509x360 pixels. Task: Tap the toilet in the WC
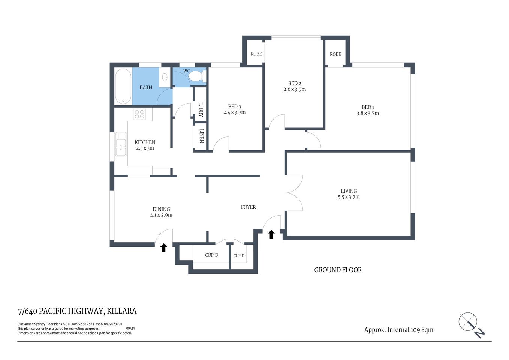coord(196,76)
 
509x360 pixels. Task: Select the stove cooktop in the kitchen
coord(140,114)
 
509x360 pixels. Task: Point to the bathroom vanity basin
coord(165,78)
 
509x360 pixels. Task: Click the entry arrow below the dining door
coord(163,247)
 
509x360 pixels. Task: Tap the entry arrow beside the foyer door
coord(271,234)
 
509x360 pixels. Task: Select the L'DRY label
coord(201,109)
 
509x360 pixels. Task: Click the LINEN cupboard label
coord(201,136)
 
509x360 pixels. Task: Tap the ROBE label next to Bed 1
coord(335,54)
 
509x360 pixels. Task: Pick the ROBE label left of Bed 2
coord(256,54)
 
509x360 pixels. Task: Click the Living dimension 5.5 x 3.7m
coord(349,197)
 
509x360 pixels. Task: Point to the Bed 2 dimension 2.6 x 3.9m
coord(295,89)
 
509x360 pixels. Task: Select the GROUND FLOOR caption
coord(338,270)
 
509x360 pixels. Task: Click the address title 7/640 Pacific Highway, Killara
coord(77,311)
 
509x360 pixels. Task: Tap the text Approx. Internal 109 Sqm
coord(398,330)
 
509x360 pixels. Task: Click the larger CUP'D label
coord(211,255)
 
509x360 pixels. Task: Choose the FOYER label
coord(248,207)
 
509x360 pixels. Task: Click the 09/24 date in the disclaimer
coord(130,328)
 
